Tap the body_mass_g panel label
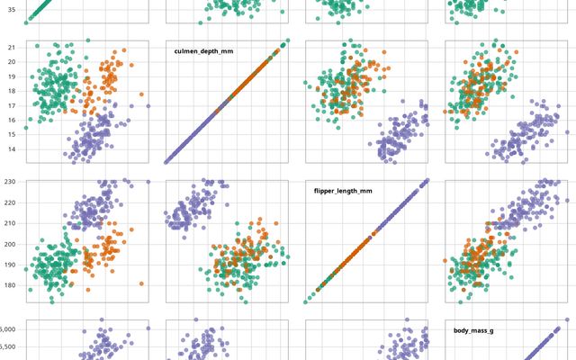point(473,331)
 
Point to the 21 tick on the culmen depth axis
point(11,47)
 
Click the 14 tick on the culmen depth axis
point(11,149)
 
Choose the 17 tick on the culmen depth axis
point(11,105)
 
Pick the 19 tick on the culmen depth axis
point(11,76)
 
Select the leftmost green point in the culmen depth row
point(26,128)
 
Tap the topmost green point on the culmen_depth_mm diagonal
point(287,40)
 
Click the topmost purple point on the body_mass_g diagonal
point(568,319)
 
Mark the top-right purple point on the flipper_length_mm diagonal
point(427,181)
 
